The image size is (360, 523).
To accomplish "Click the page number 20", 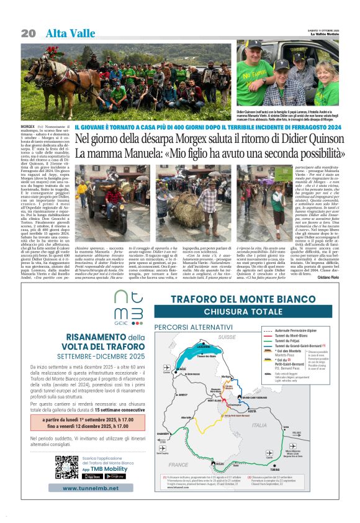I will (x=29, y=32).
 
